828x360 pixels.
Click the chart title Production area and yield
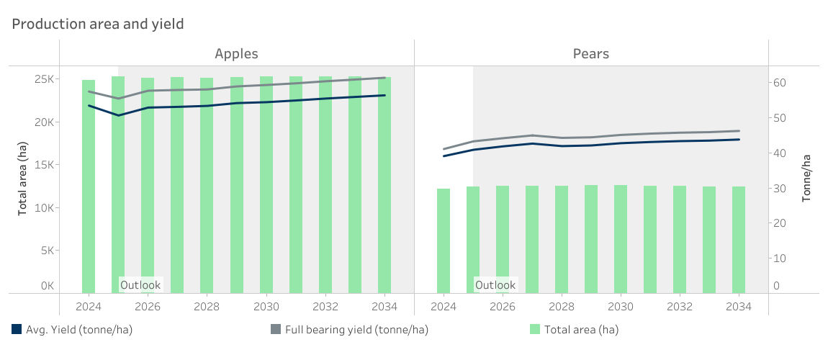tap(98, 24)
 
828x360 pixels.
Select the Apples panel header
tap(236, 54)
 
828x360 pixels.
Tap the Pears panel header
tap(591, 54)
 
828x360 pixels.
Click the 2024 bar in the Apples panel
tap(89, 187)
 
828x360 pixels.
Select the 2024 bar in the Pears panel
tap(444, 241)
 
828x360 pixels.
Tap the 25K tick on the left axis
tap(45, 79)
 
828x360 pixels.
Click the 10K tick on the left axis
tap(45, 208)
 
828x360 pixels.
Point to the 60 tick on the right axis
tap(780, 83)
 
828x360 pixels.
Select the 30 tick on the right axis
tap(780, 189)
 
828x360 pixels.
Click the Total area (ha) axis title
tap(23, 179)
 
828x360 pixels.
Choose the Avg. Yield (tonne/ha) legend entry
tap(73, 330)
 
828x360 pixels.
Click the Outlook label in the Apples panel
tap(140, 285)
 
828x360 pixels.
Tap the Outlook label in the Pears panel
tap(495, 285)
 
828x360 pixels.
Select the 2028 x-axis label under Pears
tap(562, 306)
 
